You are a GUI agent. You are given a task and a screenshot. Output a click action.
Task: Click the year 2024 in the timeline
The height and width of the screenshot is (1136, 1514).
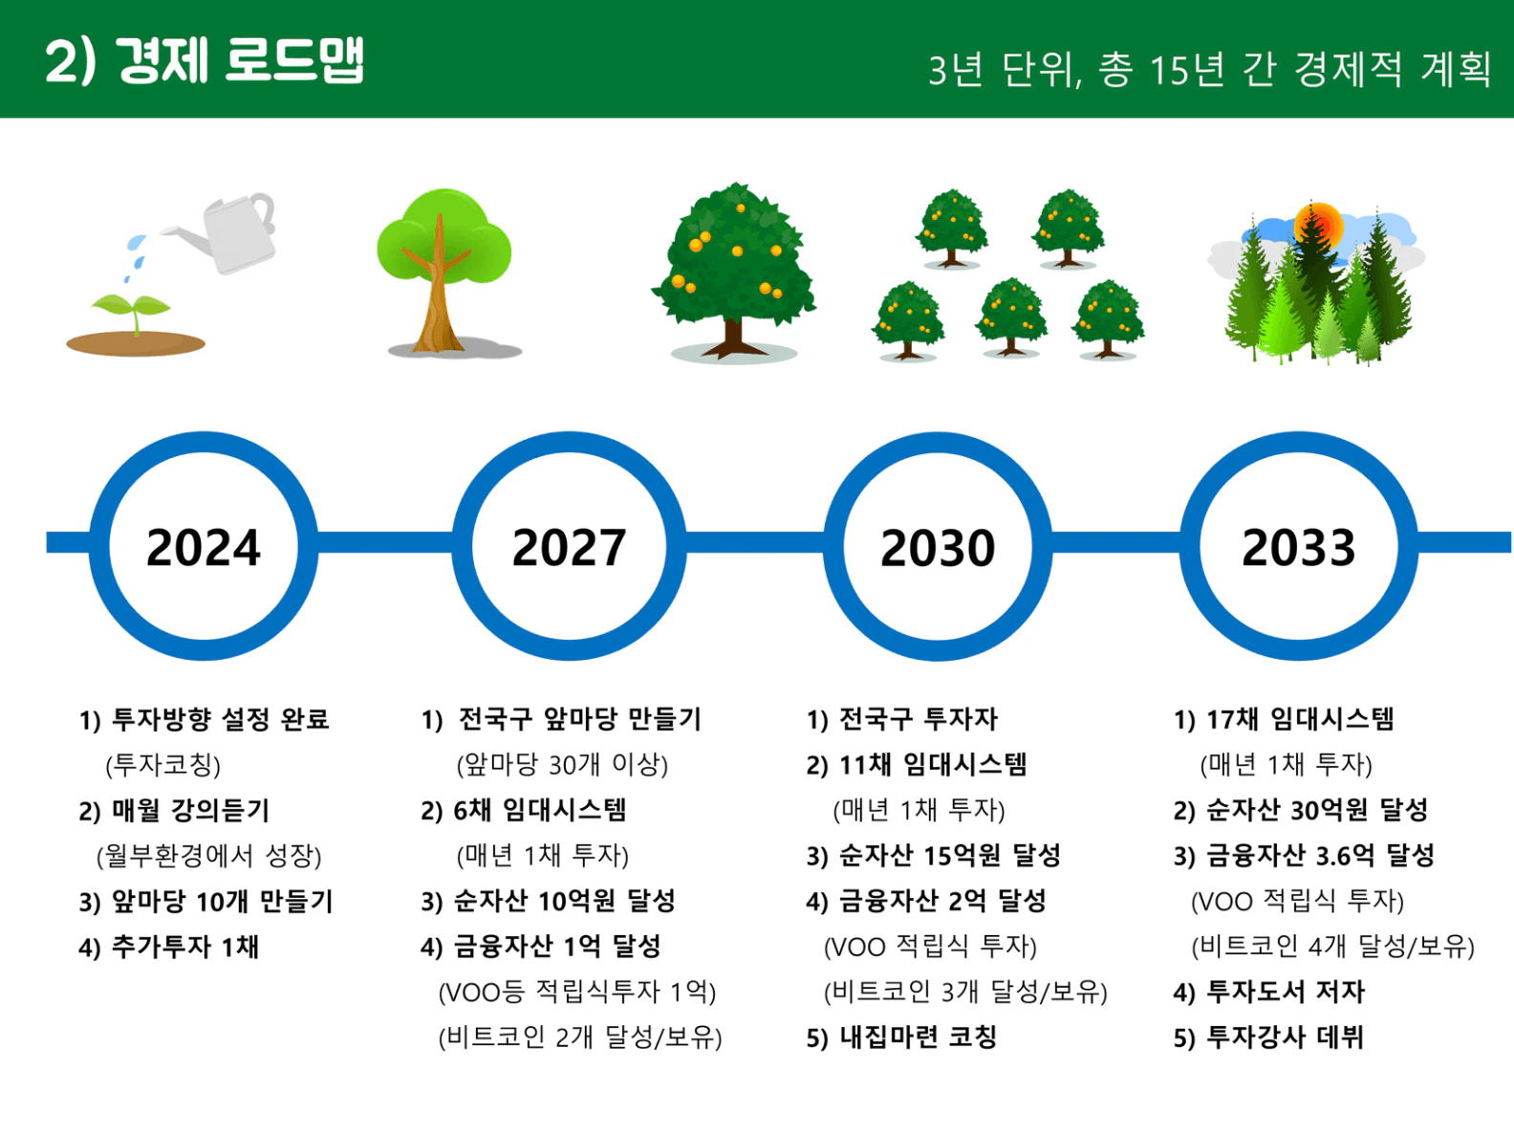(204, 548)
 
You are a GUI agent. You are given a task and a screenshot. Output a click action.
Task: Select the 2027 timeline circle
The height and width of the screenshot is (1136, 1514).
(569, 443)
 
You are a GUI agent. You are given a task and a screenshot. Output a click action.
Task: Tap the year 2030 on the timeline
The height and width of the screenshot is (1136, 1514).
(938, 548)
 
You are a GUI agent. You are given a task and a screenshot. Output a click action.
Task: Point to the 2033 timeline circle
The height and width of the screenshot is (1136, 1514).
(1299, 443)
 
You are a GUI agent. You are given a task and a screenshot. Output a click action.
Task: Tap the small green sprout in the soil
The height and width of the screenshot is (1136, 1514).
(133, 311)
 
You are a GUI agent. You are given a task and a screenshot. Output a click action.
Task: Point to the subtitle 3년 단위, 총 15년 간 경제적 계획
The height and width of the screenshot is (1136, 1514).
(1210, 70)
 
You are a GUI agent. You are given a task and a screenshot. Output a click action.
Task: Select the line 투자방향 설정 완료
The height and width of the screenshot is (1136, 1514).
(220, 719)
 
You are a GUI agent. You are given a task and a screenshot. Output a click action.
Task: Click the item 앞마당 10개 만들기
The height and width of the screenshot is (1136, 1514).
(223, 902)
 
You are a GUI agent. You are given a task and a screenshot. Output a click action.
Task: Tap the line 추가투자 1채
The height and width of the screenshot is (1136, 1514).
(184, 947)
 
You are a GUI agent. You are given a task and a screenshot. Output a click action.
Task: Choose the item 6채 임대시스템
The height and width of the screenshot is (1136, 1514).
(539, 811)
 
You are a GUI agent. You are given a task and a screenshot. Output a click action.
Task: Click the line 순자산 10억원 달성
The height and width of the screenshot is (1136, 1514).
(564, 902)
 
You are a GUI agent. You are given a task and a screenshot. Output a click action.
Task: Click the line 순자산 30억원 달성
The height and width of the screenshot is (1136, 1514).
(1317, 811)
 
